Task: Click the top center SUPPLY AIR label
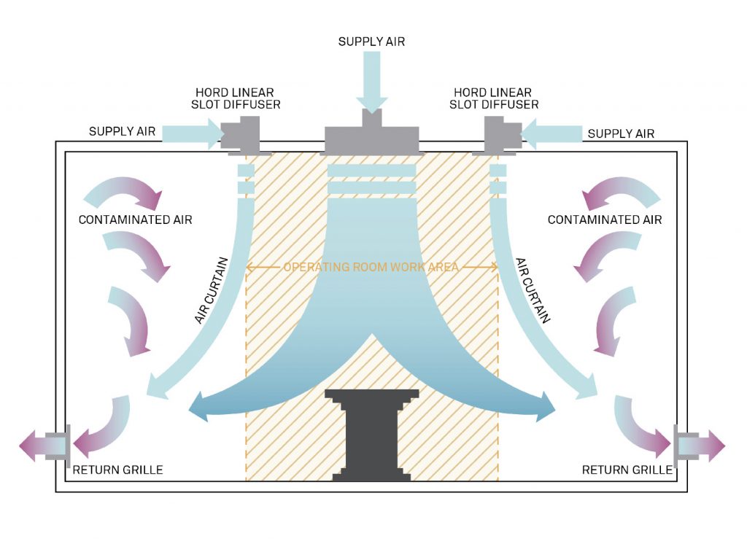click(371, 42)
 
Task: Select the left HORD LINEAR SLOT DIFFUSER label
click(238, 98)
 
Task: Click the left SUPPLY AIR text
click(122, 131)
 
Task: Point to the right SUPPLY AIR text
click(621, 133)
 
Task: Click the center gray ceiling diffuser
click(373, 138)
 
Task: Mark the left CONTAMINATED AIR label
click(136, 219)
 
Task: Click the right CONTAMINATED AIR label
click(605, 219)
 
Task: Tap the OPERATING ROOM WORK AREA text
click(371, 267)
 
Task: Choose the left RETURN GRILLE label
click(117, 470)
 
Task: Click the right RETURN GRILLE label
click(627, 470)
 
